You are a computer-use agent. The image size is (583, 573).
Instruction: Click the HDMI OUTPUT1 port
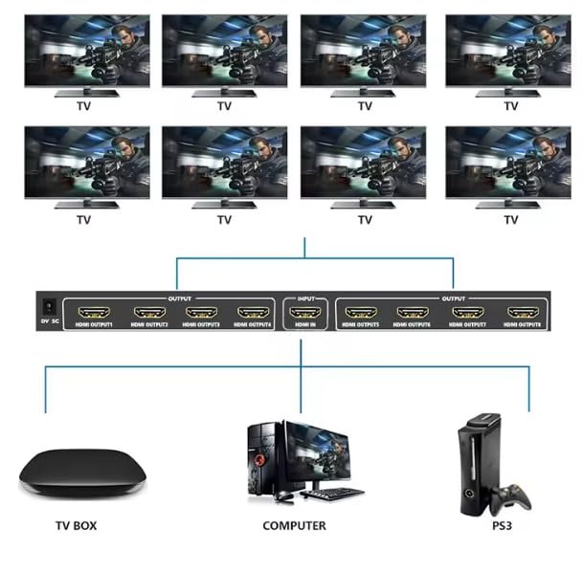click(97, 312)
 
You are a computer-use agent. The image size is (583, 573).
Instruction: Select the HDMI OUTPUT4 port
click(252, 312)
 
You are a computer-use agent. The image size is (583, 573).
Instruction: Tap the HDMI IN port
click(305, 312)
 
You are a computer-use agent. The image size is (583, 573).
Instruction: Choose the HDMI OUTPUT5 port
click(359, 312)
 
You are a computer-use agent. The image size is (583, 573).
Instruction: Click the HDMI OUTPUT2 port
click(149, 312)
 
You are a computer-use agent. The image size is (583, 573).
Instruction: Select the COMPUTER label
click(294, 525)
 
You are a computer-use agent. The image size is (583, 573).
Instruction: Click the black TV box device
click(81, 469)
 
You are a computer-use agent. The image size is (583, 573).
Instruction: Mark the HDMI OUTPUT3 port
click(200, 312)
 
